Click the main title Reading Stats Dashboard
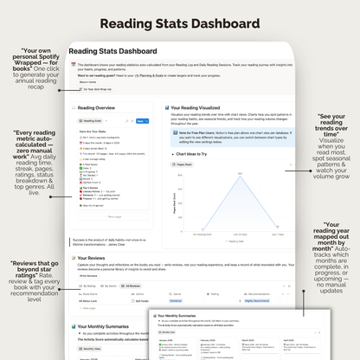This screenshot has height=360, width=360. click(180, 22)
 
